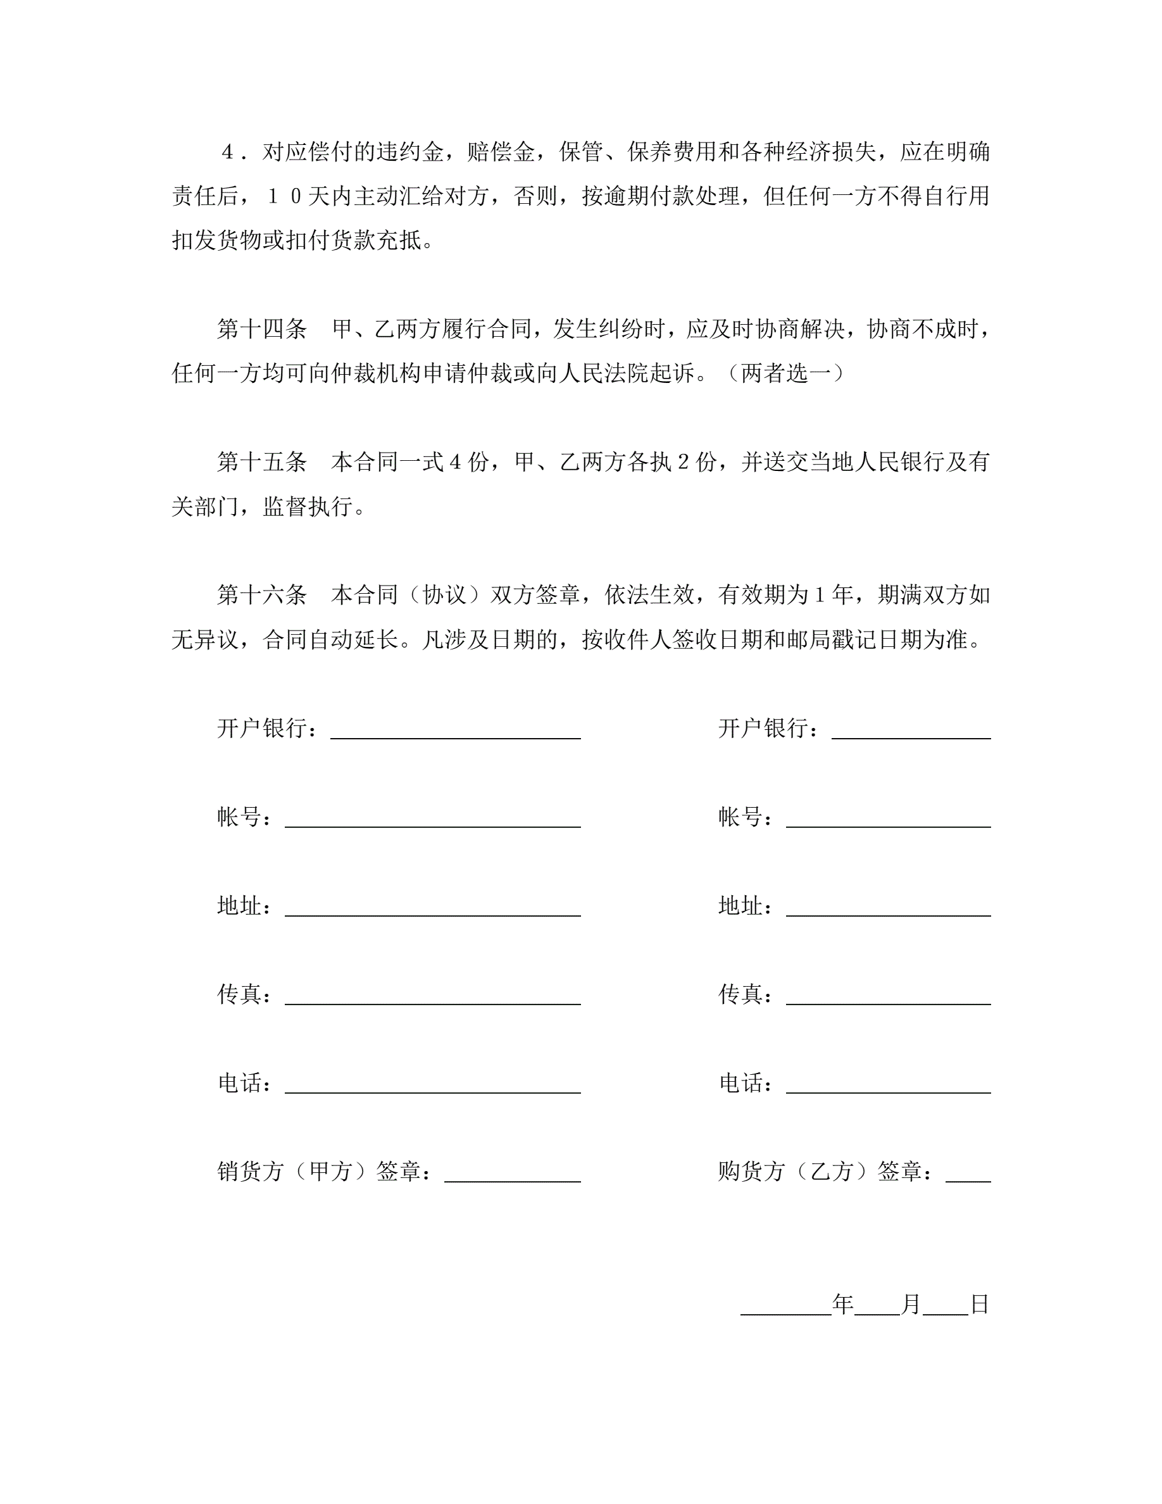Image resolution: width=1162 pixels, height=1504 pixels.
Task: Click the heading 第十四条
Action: [261, 329]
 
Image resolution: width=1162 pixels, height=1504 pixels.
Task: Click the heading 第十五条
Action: [261, 461]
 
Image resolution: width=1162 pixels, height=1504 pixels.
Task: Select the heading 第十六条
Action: [261, 594]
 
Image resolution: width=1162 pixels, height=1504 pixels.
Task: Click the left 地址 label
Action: [240, 906]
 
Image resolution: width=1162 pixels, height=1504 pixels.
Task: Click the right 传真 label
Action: [740, 994]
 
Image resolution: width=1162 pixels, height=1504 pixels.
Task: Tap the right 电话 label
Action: [740, 1082]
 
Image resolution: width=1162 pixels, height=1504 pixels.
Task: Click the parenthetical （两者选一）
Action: [786, 373]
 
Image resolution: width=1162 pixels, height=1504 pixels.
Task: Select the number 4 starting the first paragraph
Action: [228, 152]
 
